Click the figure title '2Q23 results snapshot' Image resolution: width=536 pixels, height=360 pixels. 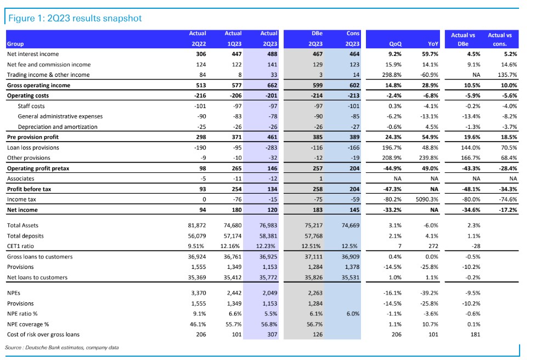(x=94, y=18)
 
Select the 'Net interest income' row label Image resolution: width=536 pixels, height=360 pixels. (x=33, y=54)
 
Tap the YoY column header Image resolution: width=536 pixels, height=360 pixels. (x=433, y=44)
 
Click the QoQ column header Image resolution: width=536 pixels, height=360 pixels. (x=395, y=44)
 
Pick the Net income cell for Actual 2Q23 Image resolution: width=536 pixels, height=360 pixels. (x=272, y=210)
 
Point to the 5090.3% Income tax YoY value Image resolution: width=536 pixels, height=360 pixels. (x=427, y=199)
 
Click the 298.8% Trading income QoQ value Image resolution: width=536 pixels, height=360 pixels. (x=392, y=75)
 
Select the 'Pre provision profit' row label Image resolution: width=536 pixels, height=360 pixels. (x=33, y=137)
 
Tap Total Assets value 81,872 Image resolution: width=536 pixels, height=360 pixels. (x=197, y=226)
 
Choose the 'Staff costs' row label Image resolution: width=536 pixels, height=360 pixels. (x=31, y=106)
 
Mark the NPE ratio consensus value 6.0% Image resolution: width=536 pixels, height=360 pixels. (x=353, y=313)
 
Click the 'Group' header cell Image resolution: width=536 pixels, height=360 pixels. (x=15, y=44)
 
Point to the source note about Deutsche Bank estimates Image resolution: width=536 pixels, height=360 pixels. (x=62, y=348)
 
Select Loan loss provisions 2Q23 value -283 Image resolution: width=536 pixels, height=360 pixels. (x=272, y=148)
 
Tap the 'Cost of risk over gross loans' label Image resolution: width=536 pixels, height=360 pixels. (x=43, y=334)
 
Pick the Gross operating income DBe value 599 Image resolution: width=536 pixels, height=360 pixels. (x=318, y=86)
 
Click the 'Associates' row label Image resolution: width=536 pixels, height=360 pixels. (x=20, y=178)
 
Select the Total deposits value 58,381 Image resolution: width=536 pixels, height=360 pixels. (x=268, y=236)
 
